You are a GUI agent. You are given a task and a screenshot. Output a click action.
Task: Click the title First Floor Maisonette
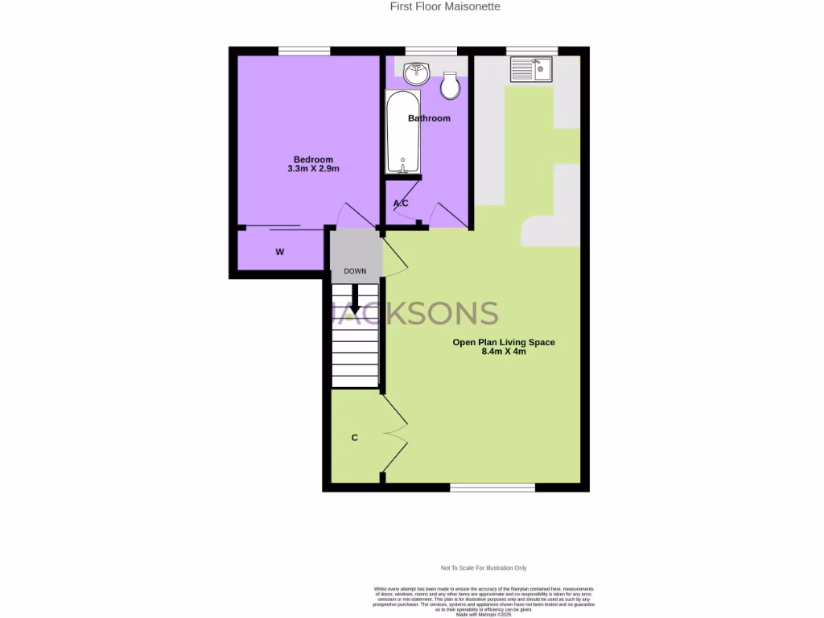[445, 6]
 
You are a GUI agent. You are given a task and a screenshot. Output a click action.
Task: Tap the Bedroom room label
[313, 159]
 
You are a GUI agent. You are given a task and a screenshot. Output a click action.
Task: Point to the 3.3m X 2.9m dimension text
[313, 170]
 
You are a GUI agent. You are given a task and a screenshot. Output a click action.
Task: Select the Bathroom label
[429, 118]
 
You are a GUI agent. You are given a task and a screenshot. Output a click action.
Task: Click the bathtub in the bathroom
[402, 134]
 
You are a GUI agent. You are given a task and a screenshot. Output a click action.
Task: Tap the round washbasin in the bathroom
[416, 75]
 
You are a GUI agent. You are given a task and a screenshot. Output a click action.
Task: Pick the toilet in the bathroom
[451, 86]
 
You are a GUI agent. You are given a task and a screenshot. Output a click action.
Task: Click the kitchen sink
[530, 70]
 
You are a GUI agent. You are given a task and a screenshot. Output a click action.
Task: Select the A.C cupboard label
[401, 204]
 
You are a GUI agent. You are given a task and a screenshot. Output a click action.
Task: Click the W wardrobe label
[280, 253]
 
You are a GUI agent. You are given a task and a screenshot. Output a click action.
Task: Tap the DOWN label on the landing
[355, 271]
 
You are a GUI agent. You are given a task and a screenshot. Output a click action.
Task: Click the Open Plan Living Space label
[504, 342]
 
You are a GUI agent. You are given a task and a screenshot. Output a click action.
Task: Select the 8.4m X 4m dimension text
[504, 352]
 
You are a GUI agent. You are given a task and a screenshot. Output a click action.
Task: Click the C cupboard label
[354, 438]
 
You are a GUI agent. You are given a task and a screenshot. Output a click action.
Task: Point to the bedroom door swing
[354, 213]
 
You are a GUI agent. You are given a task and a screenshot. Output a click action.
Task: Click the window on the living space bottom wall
[492, 487]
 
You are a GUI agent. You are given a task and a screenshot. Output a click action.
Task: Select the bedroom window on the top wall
[304, 51]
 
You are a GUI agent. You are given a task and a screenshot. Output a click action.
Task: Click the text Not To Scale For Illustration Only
[483, 568]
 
